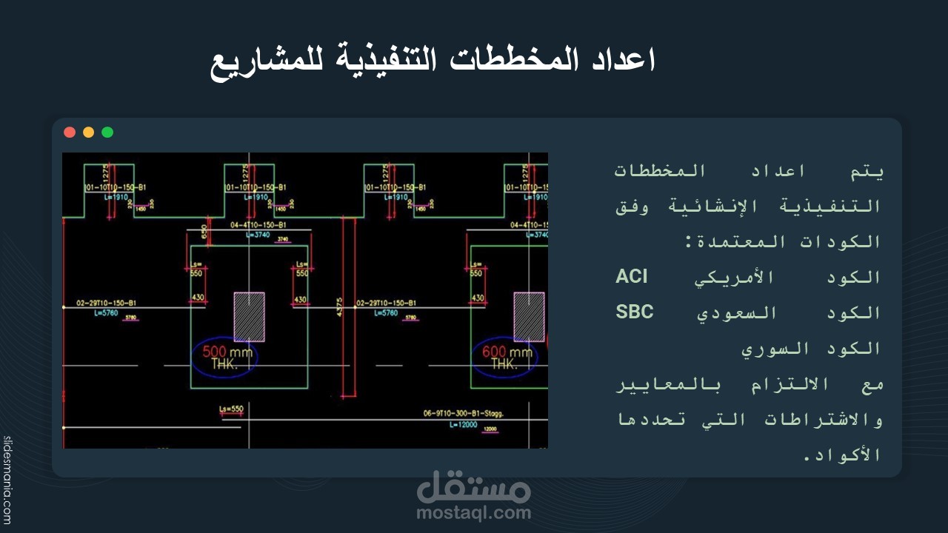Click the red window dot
(x=70, y=133)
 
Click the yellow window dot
(x=88, y=133)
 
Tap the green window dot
(x=107, y=133)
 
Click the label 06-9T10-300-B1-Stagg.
(x=463, y=414)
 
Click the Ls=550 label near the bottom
(x=231, y=409)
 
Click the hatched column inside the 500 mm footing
(x=249, y=316)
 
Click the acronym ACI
(x=632, y=277)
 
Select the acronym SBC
(x=635, y=312)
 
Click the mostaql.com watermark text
(x=473, y=512)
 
